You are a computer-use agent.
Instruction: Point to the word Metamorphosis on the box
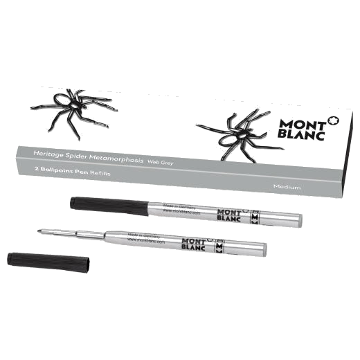click(x=120, y=159)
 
